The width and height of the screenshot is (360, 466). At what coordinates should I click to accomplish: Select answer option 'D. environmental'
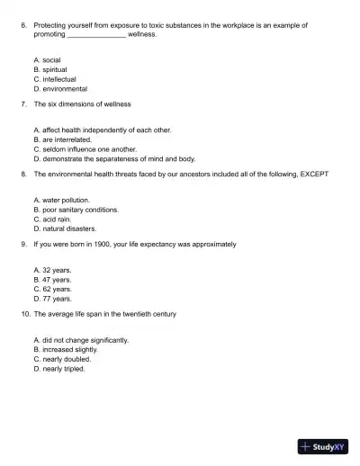59,89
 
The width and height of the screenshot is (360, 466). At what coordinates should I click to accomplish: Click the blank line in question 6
96,34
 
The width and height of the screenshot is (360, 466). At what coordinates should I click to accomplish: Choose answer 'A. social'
47,59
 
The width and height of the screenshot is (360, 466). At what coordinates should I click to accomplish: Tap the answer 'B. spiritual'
49,69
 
